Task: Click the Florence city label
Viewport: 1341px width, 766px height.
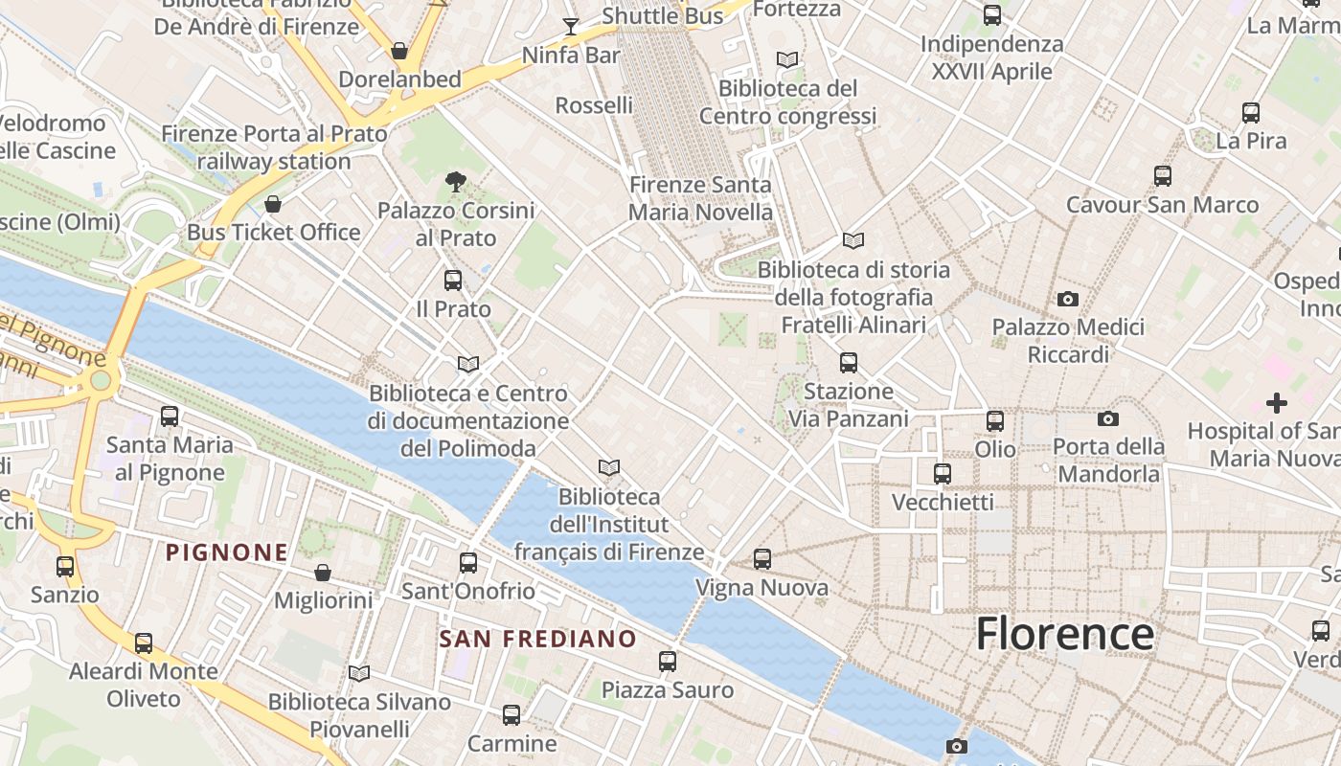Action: [x=1064, y=634]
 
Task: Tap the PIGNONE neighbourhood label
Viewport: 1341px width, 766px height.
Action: [x=227, y=552]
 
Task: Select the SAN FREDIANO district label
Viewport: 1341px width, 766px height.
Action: [x=537, y=639]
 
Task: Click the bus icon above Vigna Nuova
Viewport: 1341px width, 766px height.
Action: [x=762, y=559]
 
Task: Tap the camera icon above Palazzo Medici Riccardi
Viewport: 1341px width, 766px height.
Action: [x=1068, y=300]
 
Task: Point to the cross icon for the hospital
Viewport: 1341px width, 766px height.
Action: [x=1277, y=403]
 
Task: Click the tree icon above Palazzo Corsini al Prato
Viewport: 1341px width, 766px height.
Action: [x=456, y=181]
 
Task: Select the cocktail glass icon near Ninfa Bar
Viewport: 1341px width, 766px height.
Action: [x=571, y=26]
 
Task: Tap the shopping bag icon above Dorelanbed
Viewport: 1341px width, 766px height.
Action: [x=399, y=51]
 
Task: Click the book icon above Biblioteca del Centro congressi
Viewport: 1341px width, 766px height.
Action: [x=787, y=59]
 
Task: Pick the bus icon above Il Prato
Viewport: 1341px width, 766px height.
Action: [x=453, y=281]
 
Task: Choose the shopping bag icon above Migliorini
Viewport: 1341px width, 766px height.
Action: [x=323, y=573]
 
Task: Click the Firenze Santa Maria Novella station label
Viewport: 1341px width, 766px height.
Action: [x=700, y=198]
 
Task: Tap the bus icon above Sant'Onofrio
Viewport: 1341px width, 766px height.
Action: [x=468, y=563]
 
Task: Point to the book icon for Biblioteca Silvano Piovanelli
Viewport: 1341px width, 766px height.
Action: [x=359, y=674]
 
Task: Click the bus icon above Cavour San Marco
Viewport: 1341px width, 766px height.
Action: [x=1163, y=176]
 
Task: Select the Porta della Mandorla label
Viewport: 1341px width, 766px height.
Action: [x=1108, y=460]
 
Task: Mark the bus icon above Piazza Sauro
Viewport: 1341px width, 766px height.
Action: [x=668, y=662]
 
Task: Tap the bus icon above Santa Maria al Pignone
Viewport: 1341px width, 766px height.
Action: [x=170, y=417]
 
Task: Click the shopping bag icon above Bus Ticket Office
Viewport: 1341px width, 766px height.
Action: [x=273, y=204]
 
